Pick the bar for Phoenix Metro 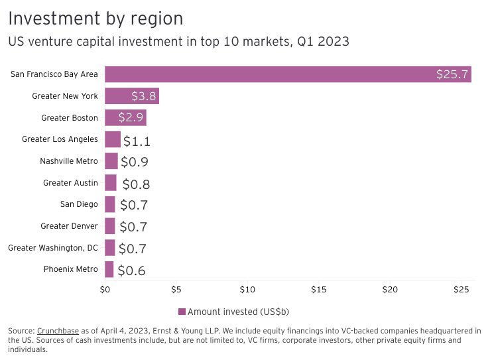[109, 269]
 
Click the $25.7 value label [452, 74]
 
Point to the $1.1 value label [137, 141]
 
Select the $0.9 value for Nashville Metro [134, 162]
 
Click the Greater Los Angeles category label [60, 139]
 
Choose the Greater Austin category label [70, 183]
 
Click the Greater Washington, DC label [53, 248]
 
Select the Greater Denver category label [69, 226]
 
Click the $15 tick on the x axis [319, 290]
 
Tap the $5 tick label [176, 290]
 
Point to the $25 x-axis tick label [461, 290]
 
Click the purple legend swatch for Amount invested [182, 312]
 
